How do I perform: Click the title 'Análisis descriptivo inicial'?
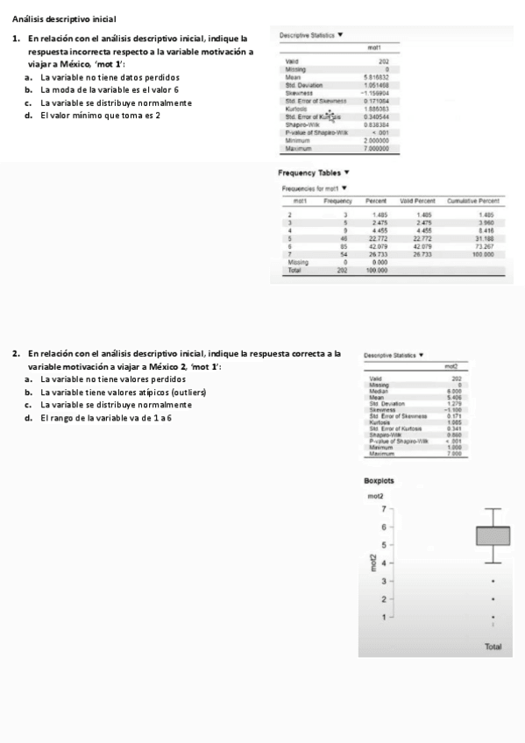click(x=64, y=18)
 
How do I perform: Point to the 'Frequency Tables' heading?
click(x=309, y=173)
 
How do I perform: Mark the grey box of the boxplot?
click(x=493, y=535)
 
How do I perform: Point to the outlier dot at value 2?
click(x=493, y=599)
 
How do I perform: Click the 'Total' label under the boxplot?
click(x=493, y=647)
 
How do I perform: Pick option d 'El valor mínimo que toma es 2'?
click(x=103, y=115)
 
